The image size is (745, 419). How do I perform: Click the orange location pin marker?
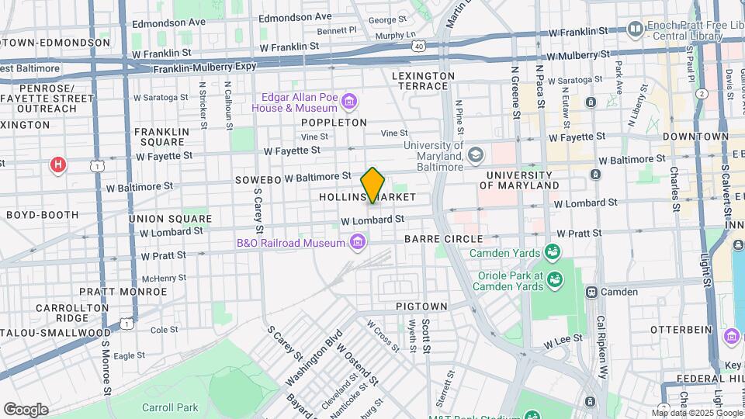coord(372,185)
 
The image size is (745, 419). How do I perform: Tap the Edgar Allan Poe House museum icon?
coord(350,101)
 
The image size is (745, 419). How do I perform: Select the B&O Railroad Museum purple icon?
coord(357,244)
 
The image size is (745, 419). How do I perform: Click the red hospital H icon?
coord(57,164)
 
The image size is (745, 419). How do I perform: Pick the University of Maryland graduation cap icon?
coord(475,154)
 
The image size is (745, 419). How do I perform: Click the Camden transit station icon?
coord(591,292)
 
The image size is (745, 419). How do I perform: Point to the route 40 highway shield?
coord(418,47)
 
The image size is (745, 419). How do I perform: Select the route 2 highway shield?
coord(702,93)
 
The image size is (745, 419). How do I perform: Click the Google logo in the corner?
coord(26,409)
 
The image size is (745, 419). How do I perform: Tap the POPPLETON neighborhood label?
coord(334,123)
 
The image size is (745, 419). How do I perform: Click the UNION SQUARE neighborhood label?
coord(159,219)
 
